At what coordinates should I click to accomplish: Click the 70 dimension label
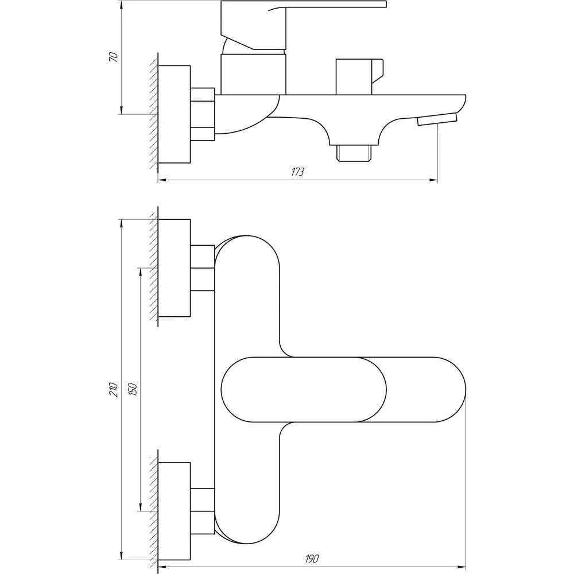point(114,57)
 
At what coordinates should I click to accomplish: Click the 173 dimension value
point(297,172)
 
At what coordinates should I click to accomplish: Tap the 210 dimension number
point(114,390)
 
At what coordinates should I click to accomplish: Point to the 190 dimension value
point(312,559)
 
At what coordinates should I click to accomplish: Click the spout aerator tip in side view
point(437,119)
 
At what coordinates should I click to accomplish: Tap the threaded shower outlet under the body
point(354,153)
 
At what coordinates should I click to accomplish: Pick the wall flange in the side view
point(174,114)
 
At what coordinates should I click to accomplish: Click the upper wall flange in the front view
point(174,267)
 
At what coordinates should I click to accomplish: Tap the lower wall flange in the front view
point(174,511)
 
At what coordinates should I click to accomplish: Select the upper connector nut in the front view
point(203,268)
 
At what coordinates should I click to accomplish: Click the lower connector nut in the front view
point(203,511)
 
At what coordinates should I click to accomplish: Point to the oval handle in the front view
point(304,390)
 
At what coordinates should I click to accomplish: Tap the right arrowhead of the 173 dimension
point(433,180)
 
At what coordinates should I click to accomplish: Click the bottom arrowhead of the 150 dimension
point(140,507)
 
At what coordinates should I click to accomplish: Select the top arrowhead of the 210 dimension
point(121,224)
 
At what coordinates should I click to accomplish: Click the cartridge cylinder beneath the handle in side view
point(253,74)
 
